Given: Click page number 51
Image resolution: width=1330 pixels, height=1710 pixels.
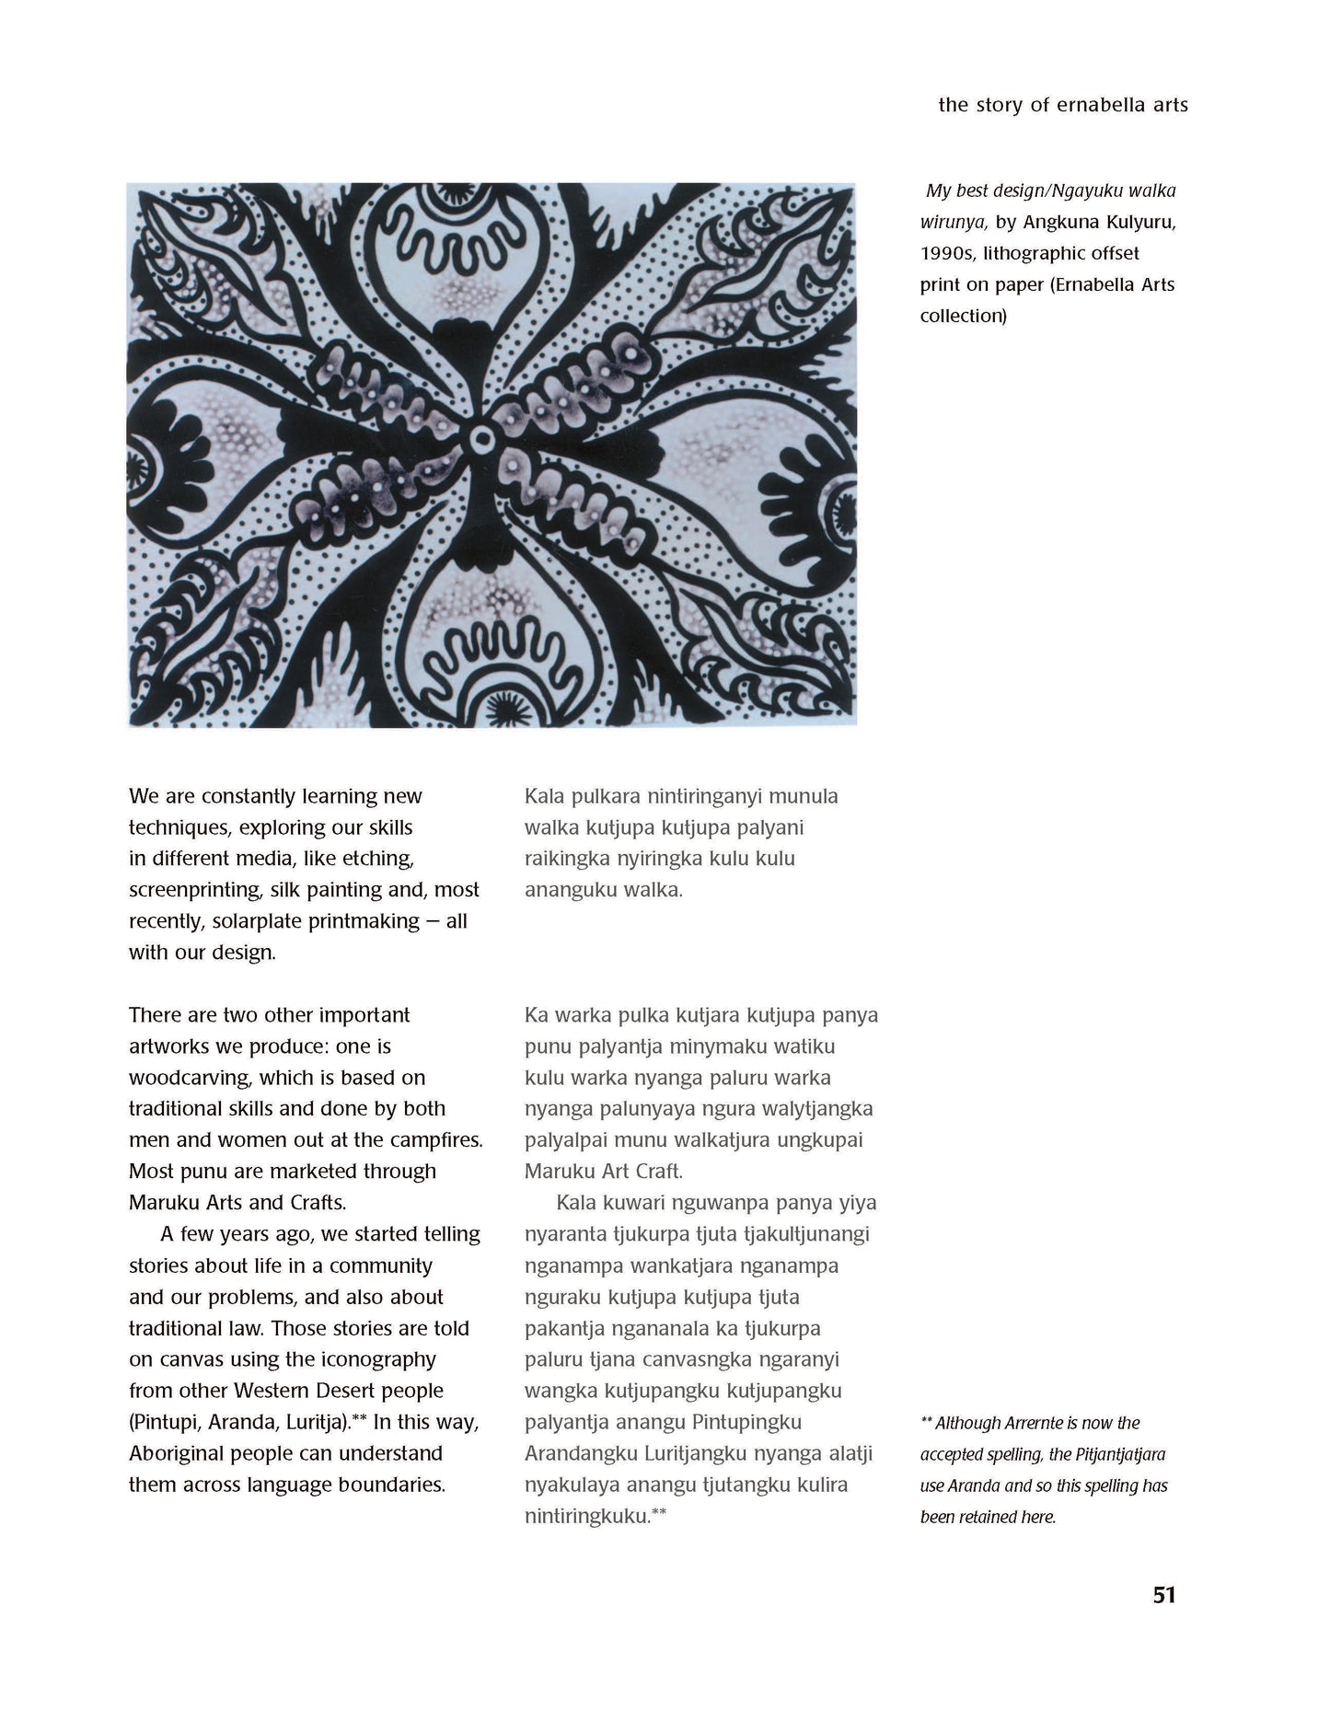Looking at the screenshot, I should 1163,1595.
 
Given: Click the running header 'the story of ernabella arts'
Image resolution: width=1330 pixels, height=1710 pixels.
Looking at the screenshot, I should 1062,105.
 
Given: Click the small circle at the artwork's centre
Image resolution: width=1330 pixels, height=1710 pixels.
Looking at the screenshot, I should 480,441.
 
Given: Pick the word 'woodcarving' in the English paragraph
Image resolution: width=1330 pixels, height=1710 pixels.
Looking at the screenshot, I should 190,1078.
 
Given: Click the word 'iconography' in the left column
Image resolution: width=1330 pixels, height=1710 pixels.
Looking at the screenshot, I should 373,1359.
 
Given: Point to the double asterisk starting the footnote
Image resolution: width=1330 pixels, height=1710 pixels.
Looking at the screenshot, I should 926,1422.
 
